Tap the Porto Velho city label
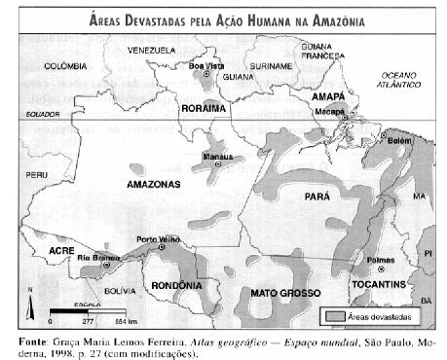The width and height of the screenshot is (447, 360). [156, 240]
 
